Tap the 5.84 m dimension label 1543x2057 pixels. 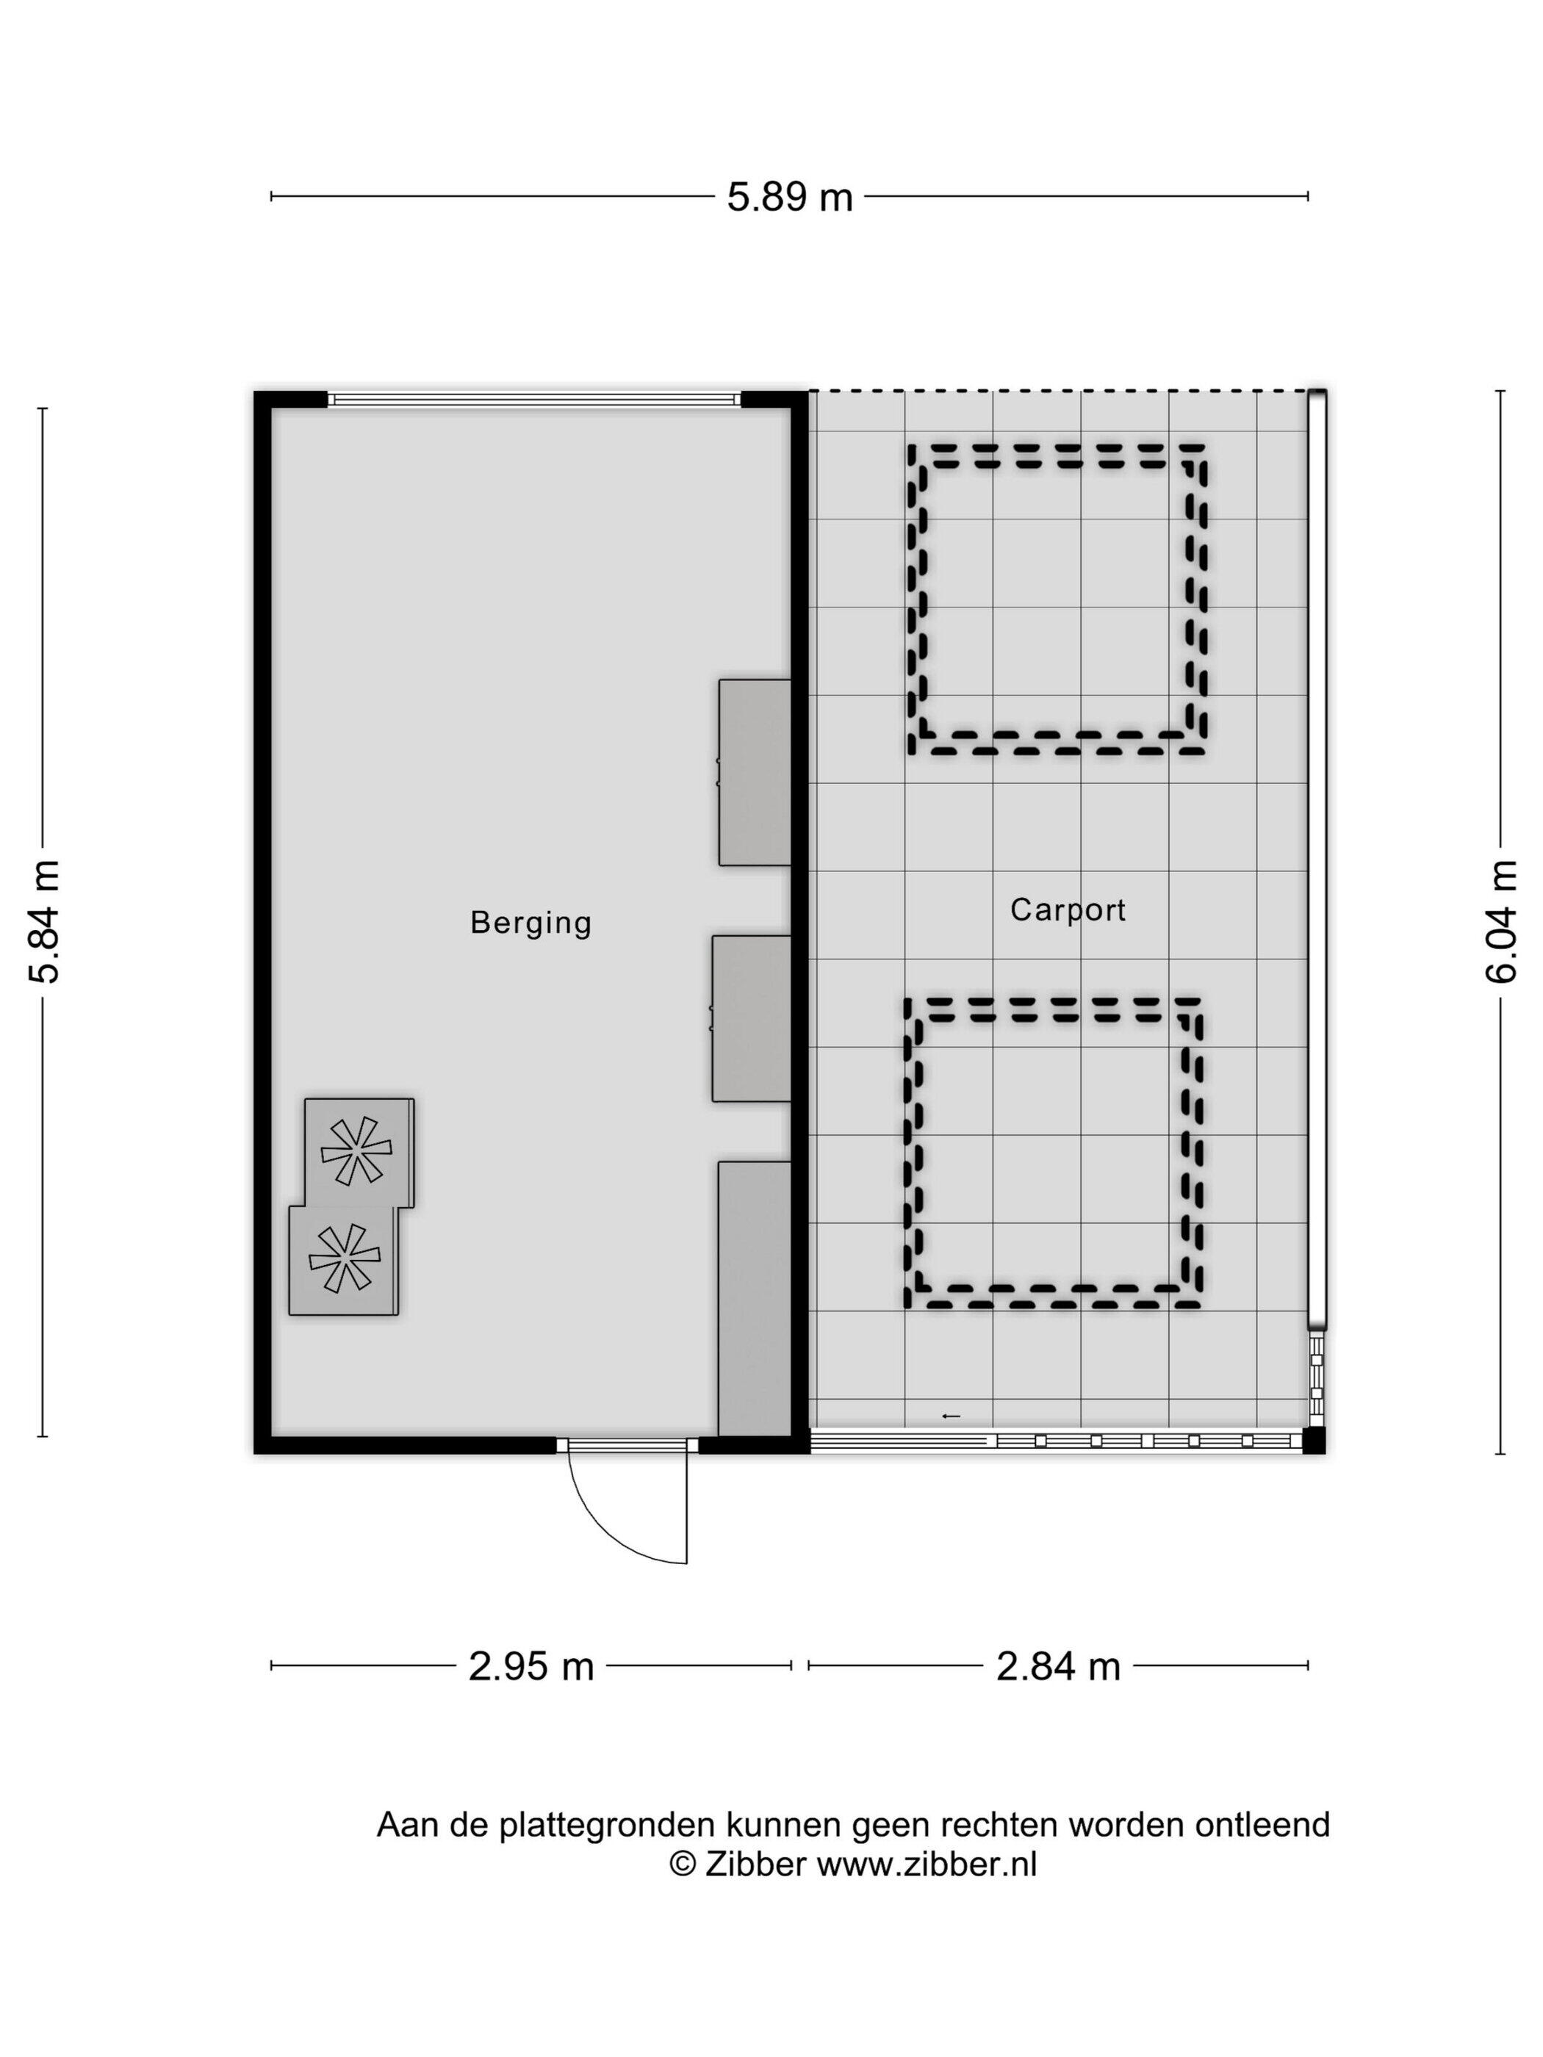pyautogui.click(x=45, y=921)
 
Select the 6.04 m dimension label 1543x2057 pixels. pyautogui.click(x=1500, y=921)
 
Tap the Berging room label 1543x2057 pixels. pyautogui.click(x=530, y=923)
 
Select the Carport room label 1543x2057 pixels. pyautogui.click(x=1068, y=909)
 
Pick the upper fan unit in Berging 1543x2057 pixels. pyautogui.click(x=359, y=1152)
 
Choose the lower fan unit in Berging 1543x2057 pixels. pyautogui.click(x=343, y=1260)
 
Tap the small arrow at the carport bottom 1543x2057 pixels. pyautogui.click(x=951, y=1416)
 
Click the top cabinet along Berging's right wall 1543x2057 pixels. pyautogui.click(x=755, y=772)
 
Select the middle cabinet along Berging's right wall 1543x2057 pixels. pyautogui.click(x=751, y=1018)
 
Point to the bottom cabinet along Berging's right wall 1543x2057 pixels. pyautogui.click(x=755, y=1298)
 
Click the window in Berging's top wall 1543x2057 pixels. pyautogui.click(x=534, y=400)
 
